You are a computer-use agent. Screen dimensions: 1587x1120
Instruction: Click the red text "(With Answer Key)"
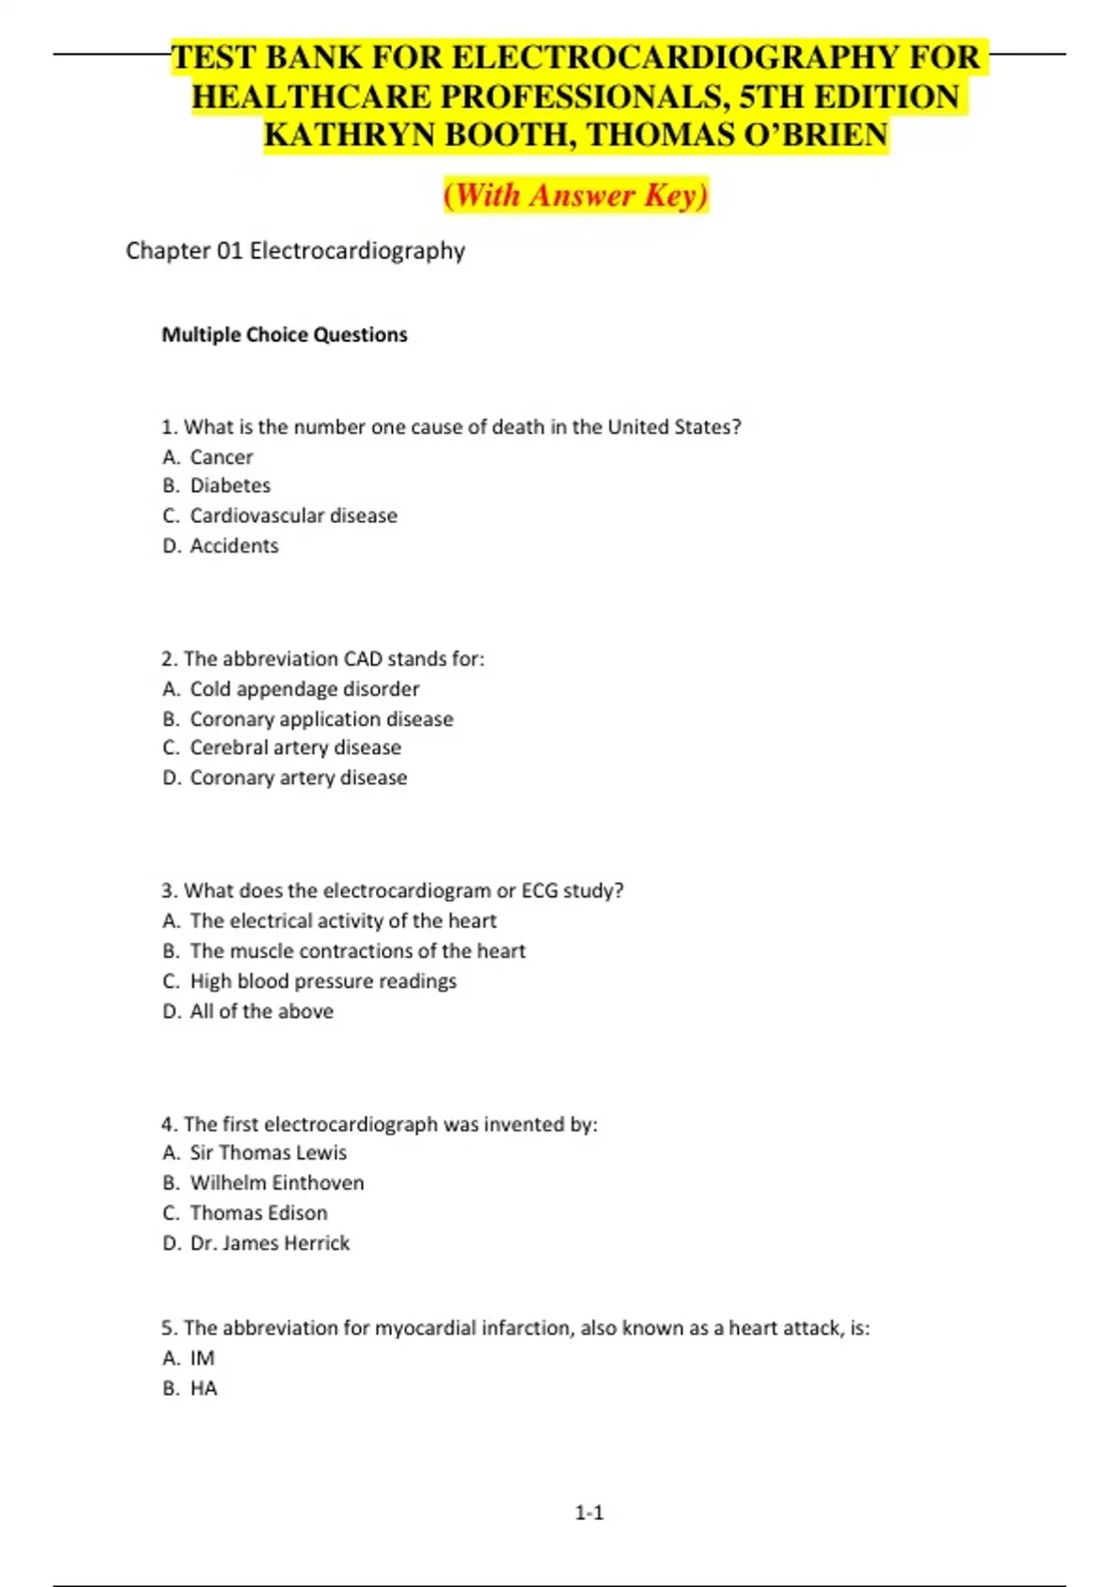[576, 195]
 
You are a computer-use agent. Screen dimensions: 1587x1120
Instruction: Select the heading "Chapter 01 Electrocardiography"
[295, 251]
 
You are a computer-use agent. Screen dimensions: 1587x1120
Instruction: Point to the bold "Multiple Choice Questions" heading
[285, 335]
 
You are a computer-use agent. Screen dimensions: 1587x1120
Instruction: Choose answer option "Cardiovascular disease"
[293, 515]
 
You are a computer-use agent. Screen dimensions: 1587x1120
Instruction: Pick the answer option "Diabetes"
[230, 485]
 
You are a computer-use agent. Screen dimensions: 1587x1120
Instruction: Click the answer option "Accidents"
[234, 546]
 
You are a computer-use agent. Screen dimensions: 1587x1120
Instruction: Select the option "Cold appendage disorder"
[304, 689]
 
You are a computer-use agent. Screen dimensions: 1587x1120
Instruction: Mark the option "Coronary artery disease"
[298, 778]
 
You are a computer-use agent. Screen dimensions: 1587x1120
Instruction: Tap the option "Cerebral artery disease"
[295, 748]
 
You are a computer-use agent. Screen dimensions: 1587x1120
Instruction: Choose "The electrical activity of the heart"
[343, 920]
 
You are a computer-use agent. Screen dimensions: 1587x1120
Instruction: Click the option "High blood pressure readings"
[323, 981]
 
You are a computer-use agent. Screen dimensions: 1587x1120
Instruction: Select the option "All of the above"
[261, 1011]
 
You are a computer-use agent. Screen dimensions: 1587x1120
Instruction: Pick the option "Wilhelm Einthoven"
[276, 1183]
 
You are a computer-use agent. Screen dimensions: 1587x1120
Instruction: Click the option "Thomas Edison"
[259, 1213]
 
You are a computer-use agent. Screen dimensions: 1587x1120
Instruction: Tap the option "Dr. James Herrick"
[270, 1243]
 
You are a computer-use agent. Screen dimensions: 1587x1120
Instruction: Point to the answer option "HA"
[203, 1388]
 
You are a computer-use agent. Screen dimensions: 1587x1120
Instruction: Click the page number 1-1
[589, 1512]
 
